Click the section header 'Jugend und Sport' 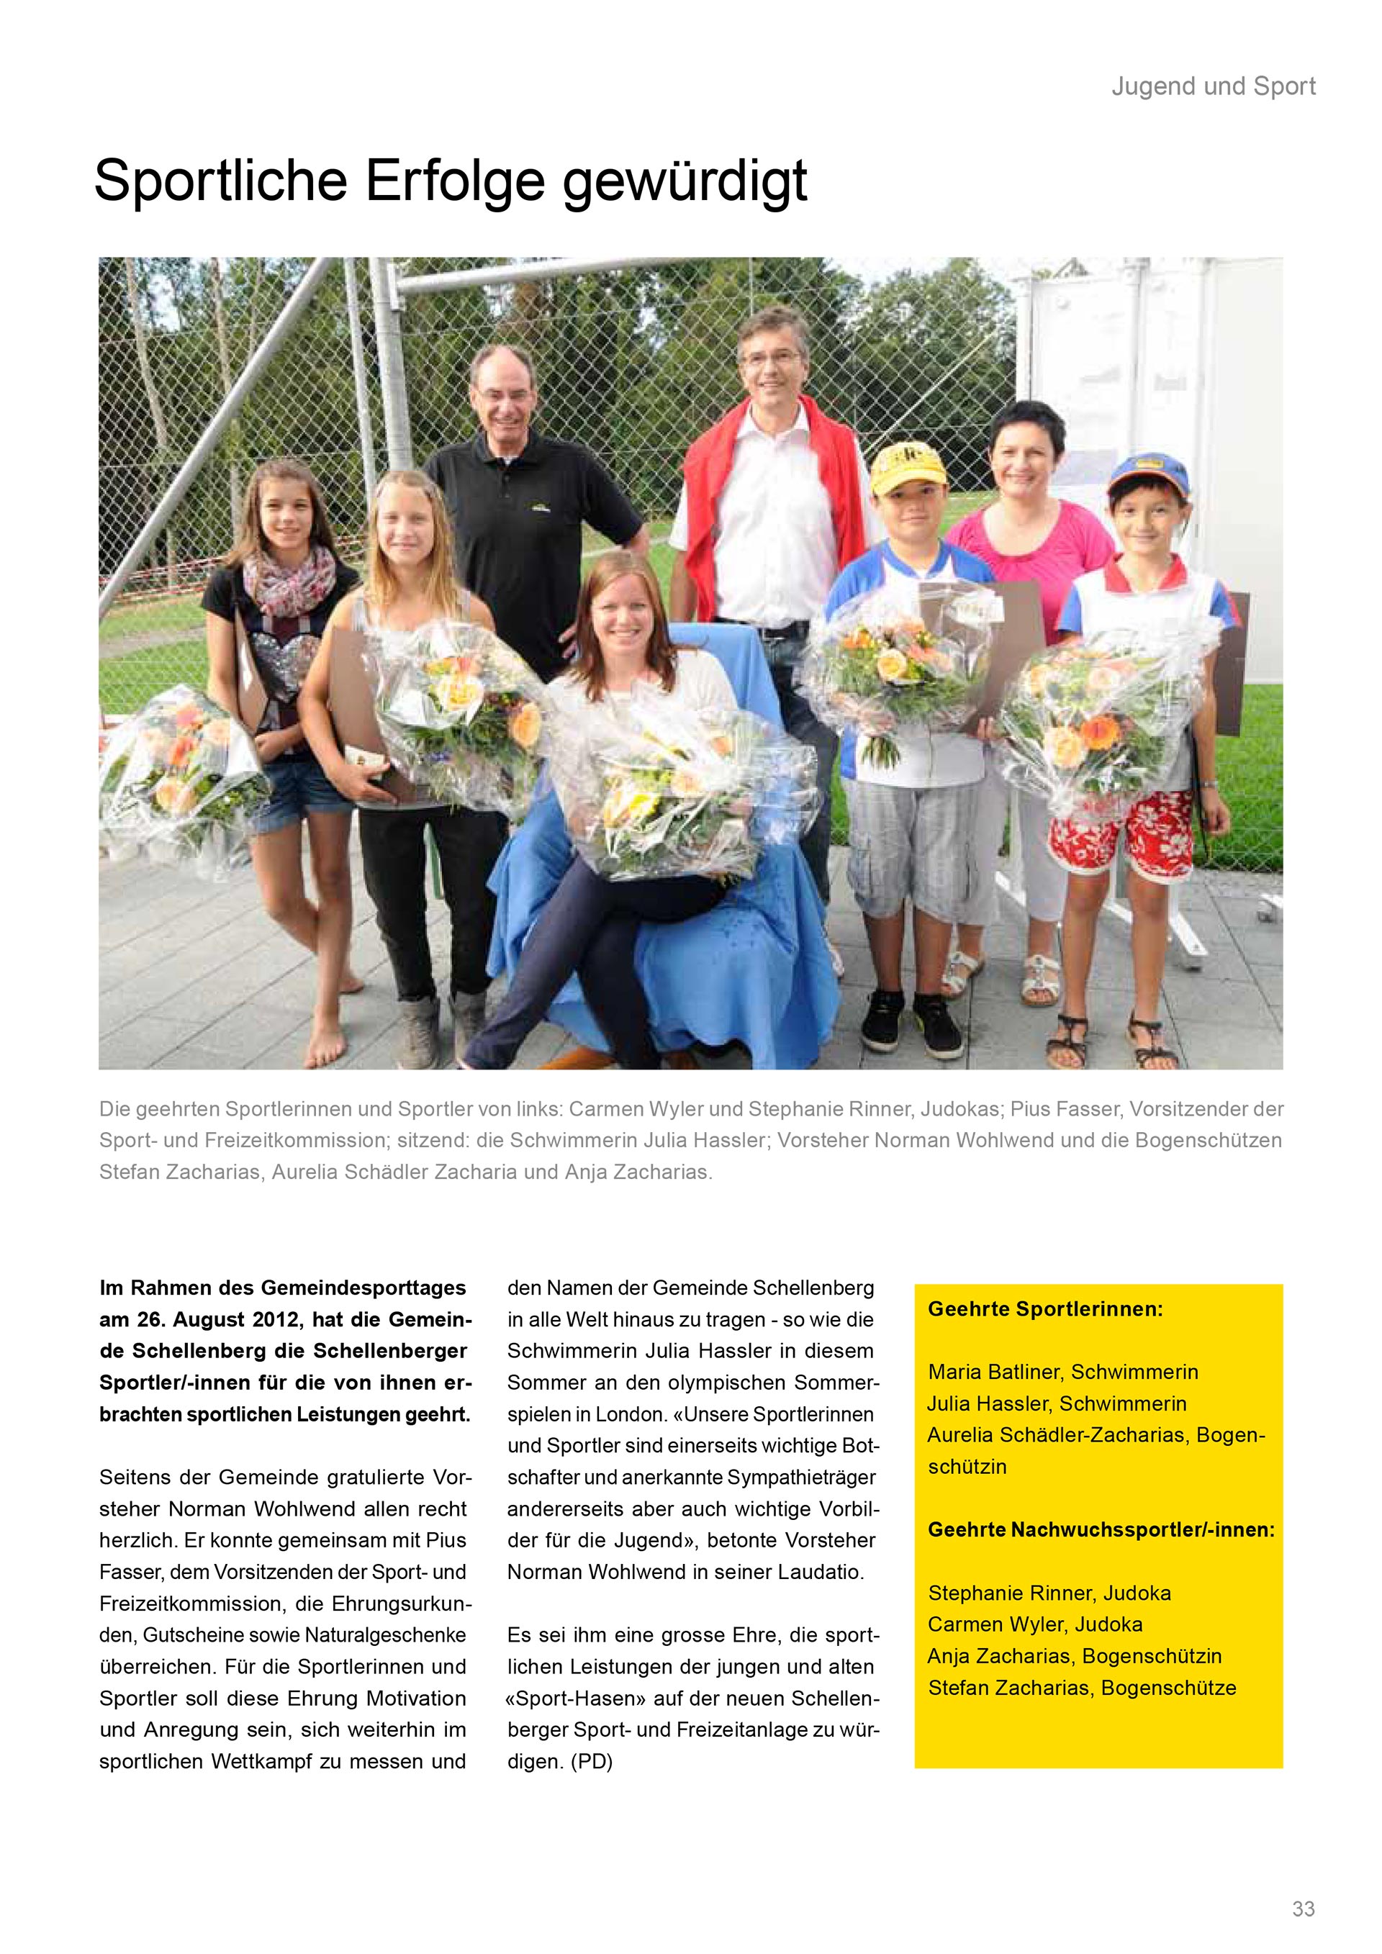tap(1213, 86)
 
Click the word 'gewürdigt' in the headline tap(685, 181)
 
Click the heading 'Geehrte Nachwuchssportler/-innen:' tap(1101, 1529)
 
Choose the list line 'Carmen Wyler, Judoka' tap(1035, 1624)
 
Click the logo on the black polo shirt tap(538, 509)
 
